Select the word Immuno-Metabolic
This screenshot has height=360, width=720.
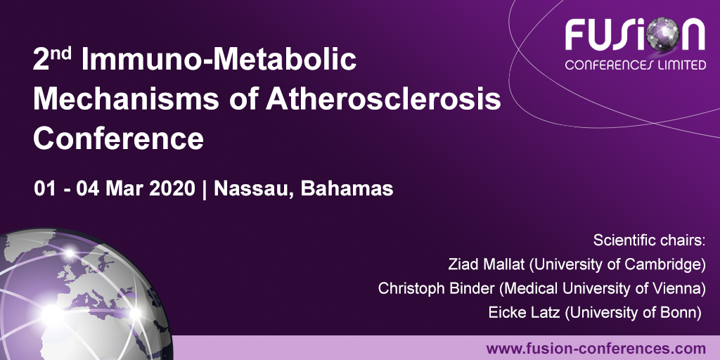point(219,62)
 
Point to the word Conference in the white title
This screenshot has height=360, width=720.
point(118,138)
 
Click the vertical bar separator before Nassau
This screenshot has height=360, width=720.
point(205,189)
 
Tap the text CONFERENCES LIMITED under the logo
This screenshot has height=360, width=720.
point(636,65)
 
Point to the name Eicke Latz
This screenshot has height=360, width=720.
point(520,312)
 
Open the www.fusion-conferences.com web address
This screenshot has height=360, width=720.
point(596,348)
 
